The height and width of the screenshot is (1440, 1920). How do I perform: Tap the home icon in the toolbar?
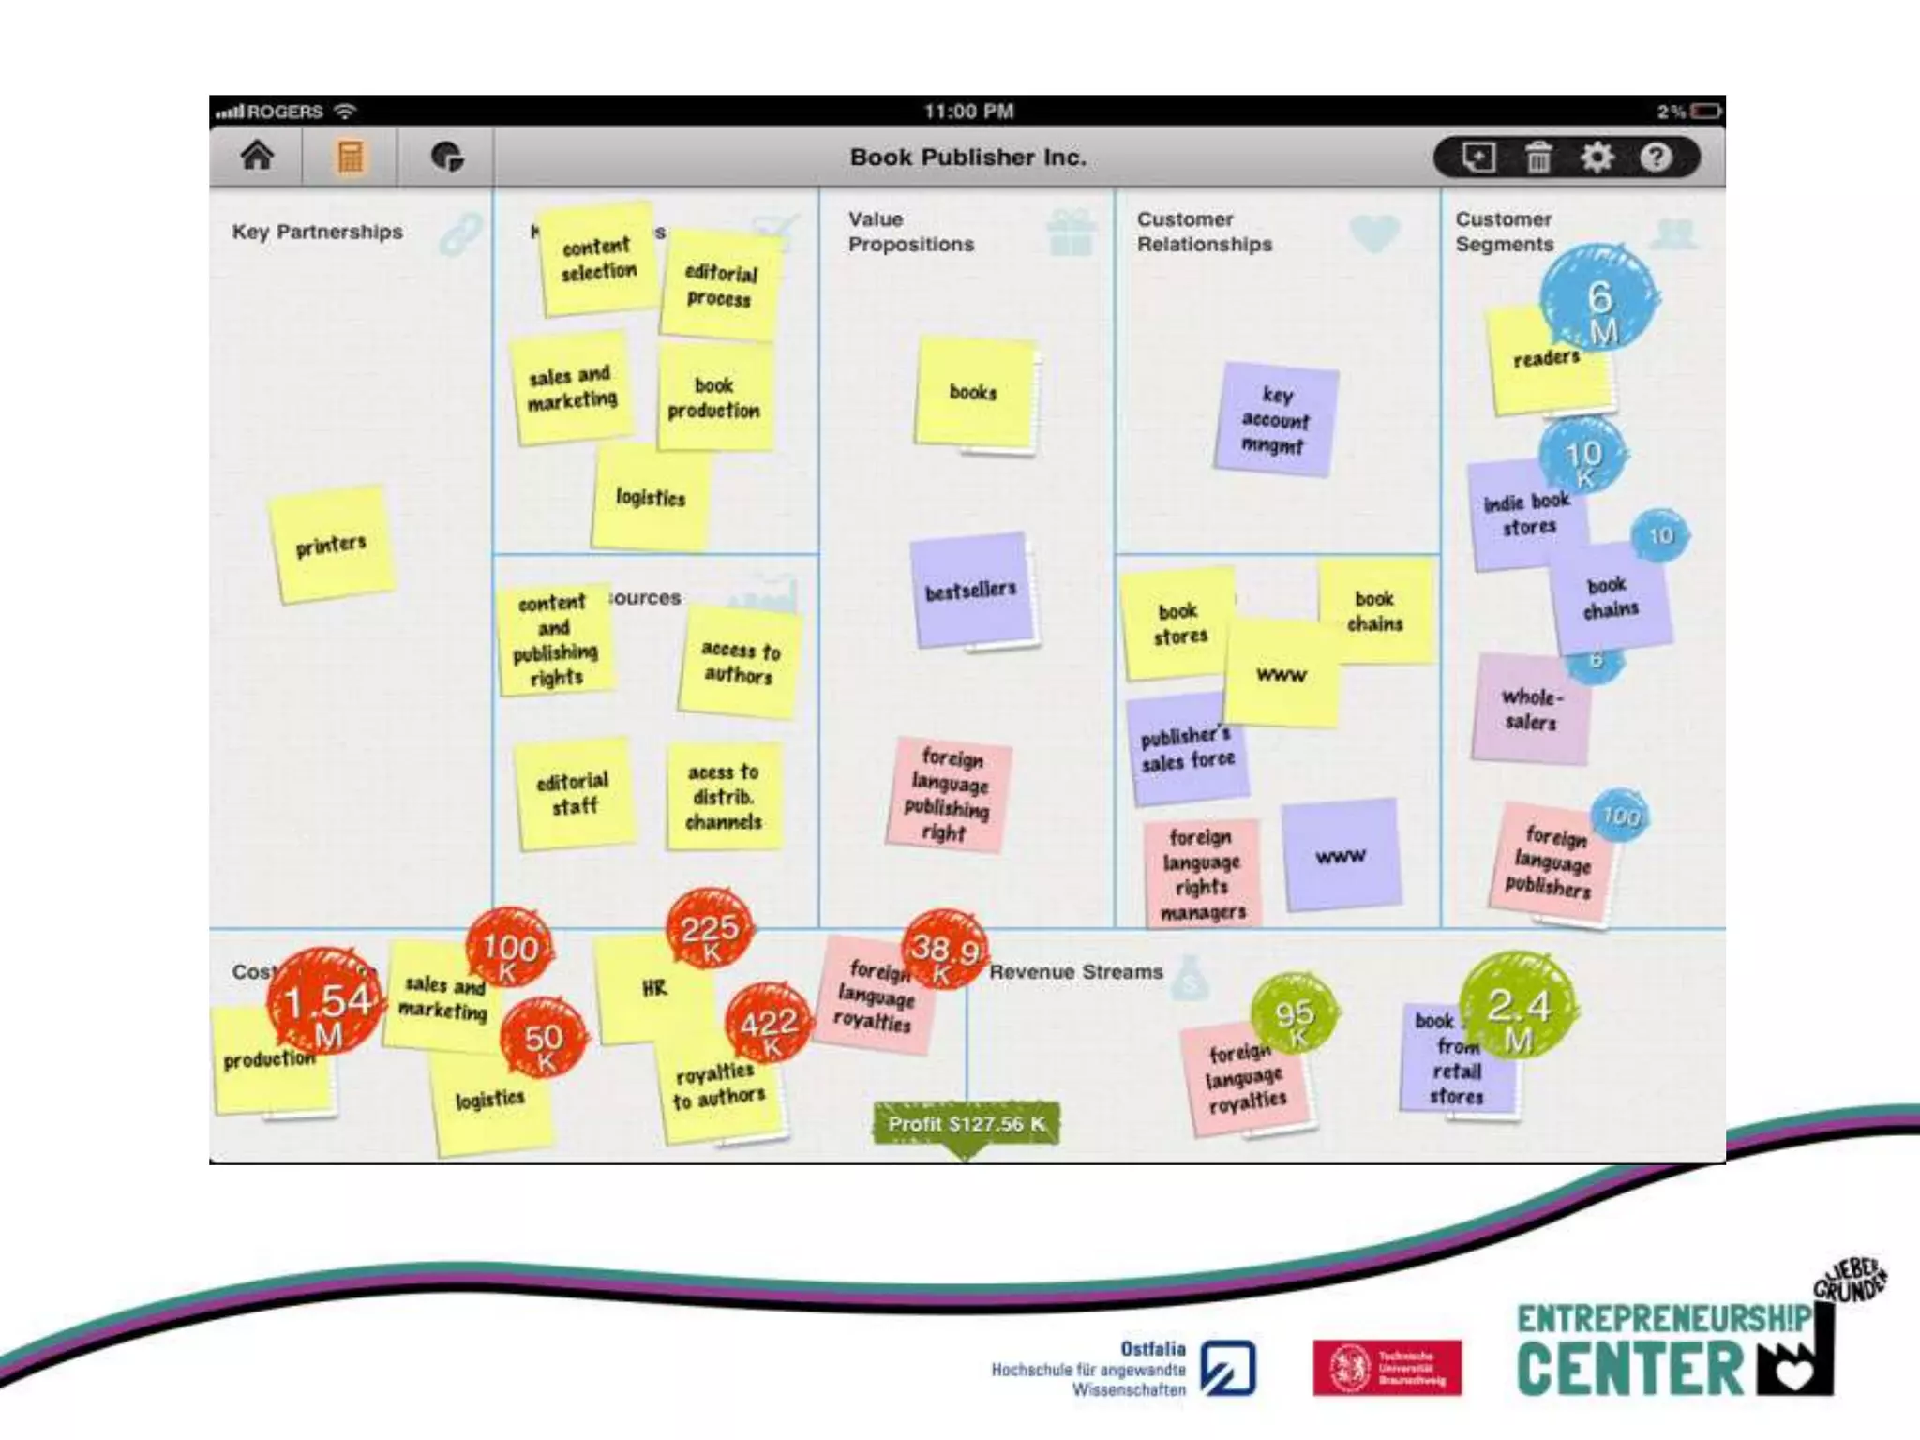tap(257, 156)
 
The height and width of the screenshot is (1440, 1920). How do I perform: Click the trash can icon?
tap(1537, 157)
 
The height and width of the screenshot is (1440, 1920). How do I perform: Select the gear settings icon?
tap(1597, 157)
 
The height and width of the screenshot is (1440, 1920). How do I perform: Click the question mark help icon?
tap(1656, 157)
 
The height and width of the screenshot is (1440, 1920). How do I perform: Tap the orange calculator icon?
tap(350, 157)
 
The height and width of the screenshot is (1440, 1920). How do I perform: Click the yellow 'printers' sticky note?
tap(331, 545)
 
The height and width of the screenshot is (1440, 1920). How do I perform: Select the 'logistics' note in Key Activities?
tap(651, 498)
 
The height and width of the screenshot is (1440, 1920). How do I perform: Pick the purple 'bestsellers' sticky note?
tap(971, 590)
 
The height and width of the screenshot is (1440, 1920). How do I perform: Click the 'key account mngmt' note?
tap(1275, 419)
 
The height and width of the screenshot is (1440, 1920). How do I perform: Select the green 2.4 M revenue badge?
tap(1518, 1009)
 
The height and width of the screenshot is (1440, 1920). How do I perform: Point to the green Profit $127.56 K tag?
tap(966, 1124)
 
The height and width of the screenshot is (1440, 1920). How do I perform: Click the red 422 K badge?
tap(769, 1023)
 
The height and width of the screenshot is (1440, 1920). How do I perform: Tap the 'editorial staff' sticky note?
tap(573, 793)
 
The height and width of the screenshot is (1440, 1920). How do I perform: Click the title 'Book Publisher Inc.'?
tap(967, 157)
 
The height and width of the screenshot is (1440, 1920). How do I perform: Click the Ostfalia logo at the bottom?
tap(1228, 1368)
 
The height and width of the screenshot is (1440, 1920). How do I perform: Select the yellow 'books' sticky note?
tap(973, 392)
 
